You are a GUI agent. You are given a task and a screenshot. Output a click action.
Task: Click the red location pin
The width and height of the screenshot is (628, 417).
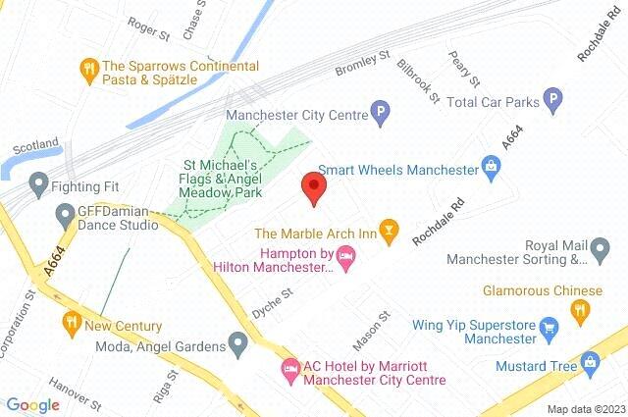point(313,187)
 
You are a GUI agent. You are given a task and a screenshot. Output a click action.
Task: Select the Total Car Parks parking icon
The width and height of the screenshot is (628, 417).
point(554,100)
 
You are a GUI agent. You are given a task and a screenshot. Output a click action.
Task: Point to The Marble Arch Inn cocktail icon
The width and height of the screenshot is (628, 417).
point(390,233)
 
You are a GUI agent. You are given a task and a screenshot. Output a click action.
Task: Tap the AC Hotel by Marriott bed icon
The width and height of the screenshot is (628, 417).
point(289,371)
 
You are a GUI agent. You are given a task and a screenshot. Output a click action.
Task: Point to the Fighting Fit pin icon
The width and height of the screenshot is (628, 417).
point(39,182)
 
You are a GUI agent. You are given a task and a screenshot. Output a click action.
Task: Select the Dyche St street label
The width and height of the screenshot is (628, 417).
point(272,292)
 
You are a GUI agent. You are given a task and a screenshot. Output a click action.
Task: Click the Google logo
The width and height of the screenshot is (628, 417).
point(32,405)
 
